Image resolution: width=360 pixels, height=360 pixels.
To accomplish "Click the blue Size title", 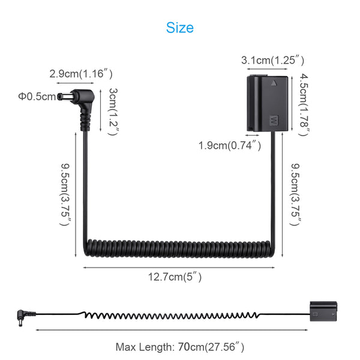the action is coord(180,28).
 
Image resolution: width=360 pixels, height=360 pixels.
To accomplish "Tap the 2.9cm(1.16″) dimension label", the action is coord(81,74).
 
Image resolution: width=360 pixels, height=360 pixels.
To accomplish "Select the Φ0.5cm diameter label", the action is coord(37,97).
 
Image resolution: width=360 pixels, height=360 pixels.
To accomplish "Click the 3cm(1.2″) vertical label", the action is coord(113,112).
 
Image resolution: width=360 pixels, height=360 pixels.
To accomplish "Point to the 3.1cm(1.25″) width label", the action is coord(273,61).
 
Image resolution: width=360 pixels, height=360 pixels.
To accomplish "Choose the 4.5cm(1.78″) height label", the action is coord(304,104).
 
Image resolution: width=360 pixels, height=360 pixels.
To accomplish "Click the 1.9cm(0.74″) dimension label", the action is coord(230,146).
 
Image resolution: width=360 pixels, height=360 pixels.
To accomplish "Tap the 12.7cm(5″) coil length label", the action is coord(175,277).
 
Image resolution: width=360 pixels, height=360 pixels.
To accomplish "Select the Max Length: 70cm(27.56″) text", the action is coord(180,347).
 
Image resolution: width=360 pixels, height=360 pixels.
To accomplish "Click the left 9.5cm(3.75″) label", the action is coord(65,194).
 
